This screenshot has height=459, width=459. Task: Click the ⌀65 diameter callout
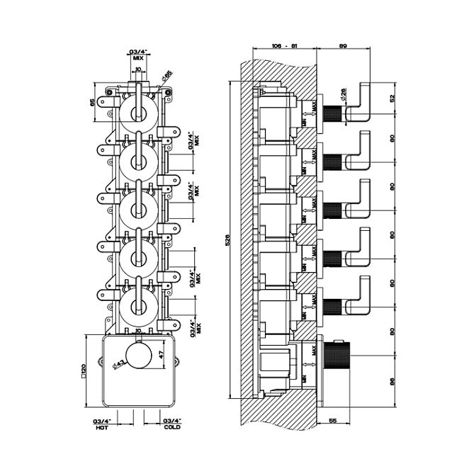[x=167, y=75]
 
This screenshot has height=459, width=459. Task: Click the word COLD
[x=172, y=428]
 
